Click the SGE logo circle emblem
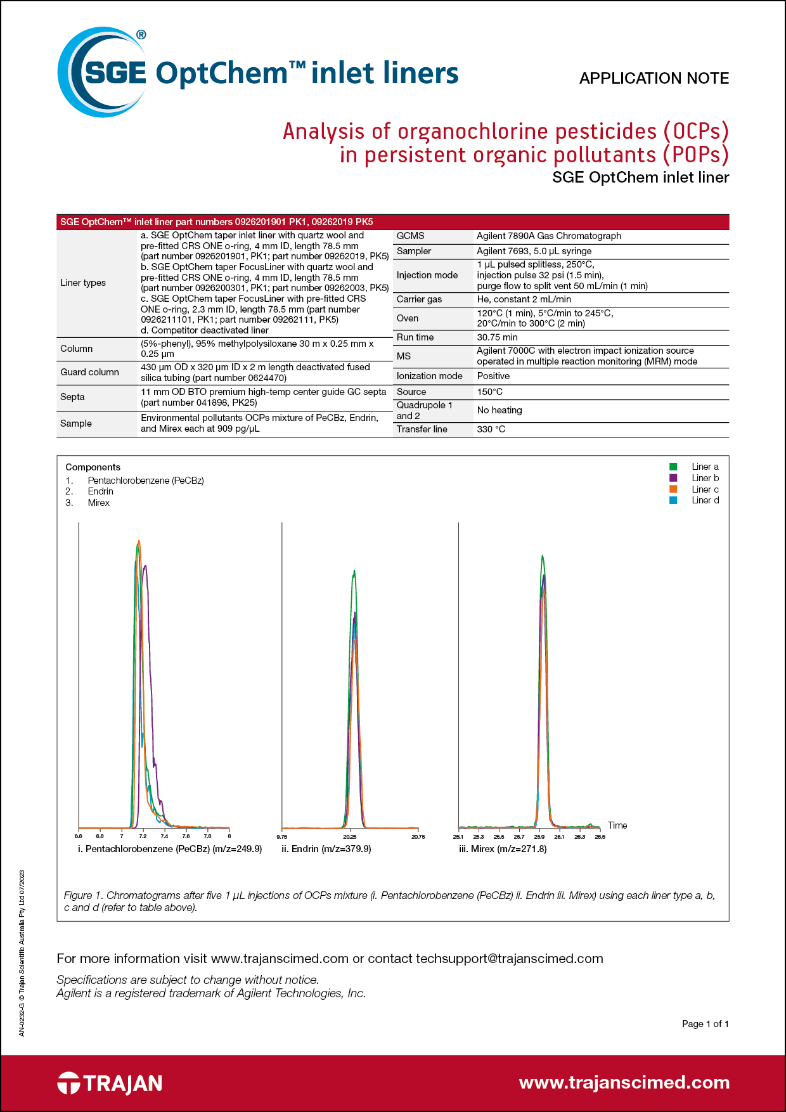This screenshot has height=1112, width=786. pyautogui.click(x=101, y=72)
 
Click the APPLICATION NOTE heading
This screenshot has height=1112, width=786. pyautogui.click(x=654, y=79)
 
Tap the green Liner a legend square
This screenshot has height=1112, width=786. pyautogui.click(x=673, y=467)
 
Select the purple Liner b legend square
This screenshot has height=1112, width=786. pyautogui.click(x=673, y=478)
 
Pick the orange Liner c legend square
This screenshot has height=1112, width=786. pyautogui.click(x=673, y=489)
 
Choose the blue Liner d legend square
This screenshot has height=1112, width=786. pyautogui.click(x=673, y=500)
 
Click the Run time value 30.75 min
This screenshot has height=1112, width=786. pyautogui.click(x=497, y=337)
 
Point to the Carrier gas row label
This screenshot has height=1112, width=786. pyautogui.click(x=419, y=299)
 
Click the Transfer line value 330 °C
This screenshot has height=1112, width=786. pyautogui.click(x=491, y=429)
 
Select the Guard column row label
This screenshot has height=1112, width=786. pyautogui.click(x=89, y=372)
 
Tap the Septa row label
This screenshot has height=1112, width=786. pyautogui.click(x=72, y=397)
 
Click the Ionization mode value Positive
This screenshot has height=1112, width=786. pyautogui.click(x=493, y=376)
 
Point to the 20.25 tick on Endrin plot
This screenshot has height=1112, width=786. pyautogui.click(x=350, y=837)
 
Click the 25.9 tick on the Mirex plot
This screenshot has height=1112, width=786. pyautogui.click(x=539, y=837)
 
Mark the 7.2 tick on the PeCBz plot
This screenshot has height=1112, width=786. pyautogui.click(x=143, y=837)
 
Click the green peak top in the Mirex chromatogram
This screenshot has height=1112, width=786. pyautogui.click(x=542, y=557)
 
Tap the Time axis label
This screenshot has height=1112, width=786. pyautogui.click(x=617, y=825)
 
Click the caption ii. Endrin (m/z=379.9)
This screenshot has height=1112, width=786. pyautogui.click(x=326, y=849)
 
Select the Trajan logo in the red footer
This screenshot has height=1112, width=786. pyautogui.click(x=110, y=1083)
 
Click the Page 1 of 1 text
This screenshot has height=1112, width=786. pyautogui.click(x=705, y=1024)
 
